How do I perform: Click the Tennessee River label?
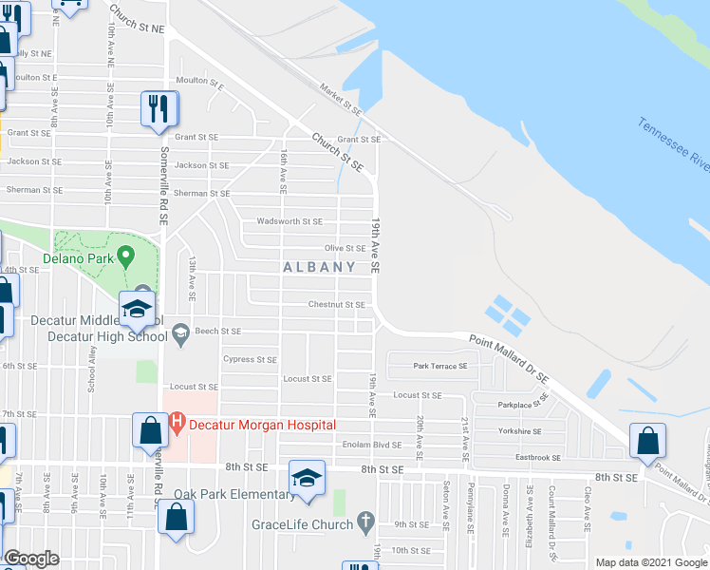click(x=673, y=145)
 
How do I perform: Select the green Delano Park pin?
click(x=124, y=256)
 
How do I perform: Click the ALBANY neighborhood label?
click(x=319, y=268)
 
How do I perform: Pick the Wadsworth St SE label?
click(x=290, y=221)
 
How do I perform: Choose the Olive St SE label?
click(x=346, y=248)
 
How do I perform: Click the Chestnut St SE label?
click(x=336, y=305)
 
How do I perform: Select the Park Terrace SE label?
click(x=440, y=366)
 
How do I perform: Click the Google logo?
click(x=31, y=559)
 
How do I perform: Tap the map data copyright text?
click(x=651, y=562)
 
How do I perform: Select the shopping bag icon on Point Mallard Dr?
click(x=647, y=441)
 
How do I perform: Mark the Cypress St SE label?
click(x=250, y=360)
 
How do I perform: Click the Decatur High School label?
click(x=94, y=336)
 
